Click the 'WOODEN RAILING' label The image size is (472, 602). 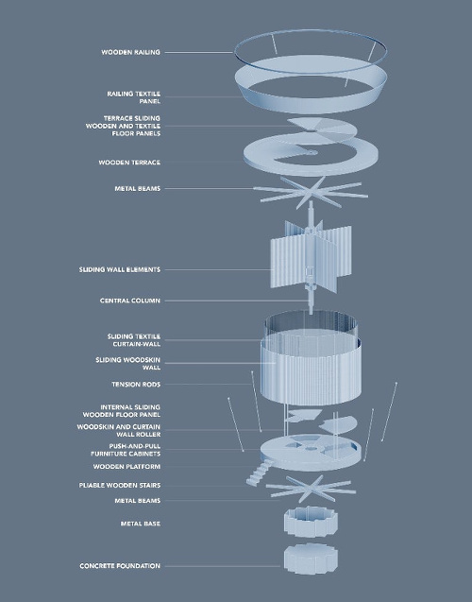coord(131,52)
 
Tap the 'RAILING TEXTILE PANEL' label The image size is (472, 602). coord(133,97)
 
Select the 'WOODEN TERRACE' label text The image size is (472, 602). coord(129,163)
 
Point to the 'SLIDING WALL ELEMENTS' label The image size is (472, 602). coord(120,269)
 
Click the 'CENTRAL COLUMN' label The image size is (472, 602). coord(130,301)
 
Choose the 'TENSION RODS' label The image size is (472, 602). coord(136,385)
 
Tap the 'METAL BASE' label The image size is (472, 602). coord(141,524)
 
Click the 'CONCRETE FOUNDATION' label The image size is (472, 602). coord(120,566)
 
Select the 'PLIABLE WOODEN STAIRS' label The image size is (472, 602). coord(120,486)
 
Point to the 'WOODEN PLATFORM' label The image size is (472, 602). coord(126,467)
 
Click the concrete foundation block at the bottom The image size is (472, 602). coord(311,559)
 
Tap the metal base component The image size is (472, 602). coord(311,522)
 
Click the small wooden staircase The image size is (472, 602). coord(258,474)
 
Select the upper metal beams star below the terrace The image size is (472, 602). coord(312,193)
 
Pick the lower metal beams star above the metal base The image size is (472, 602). coord(311,489)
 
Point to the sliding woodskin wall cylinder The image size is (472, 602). coord(311,372)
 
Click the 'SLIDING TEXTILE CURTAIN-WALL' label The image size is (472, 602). coord(134,340)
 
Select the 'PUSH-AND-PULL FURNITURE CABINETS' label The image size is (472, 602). coord(126,450)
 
